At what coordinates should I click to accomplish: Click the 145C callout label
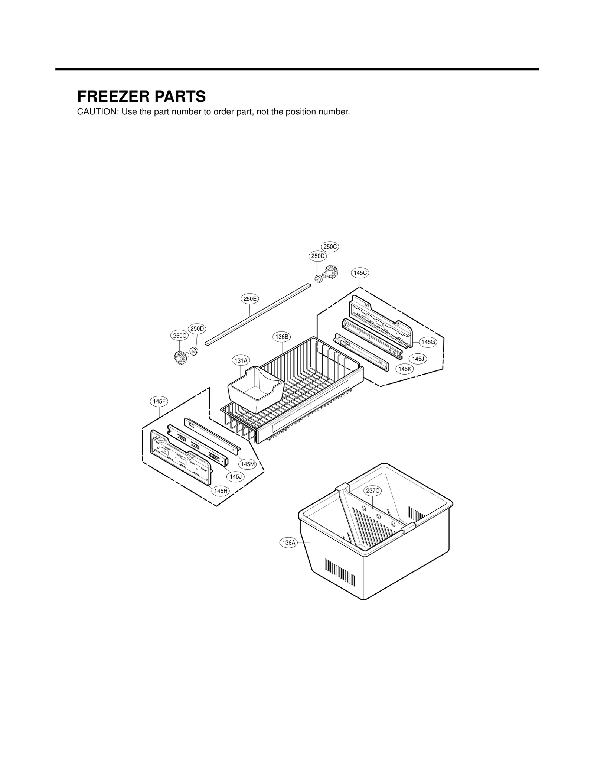[x=360, y=273]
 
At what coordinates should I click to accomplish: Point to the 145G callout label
[x=428, y=342]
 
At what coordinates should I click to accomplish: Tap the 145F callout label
[x=159, y=401]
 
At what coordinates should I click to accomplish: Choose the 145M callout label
[x=248, y=464]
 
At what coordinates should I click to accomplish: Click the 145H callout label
[x=220, y=491]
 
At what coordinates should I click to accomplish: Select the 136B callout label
[x=282, y=337]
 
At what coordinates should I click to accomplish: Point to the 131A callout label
[x=241, y=360]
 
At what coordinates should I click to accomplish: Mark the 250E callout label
[x=250, y=298]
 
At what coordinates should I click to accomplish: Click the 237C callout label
[x=373, y=491]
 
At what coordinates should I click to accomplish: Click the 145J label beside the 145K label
[x=418, y=359]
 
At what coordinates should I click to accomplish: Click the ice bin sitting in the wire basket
[x=255, y=388]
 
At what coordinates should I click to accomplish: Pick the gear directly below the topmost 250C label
[x=329, y=273]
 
